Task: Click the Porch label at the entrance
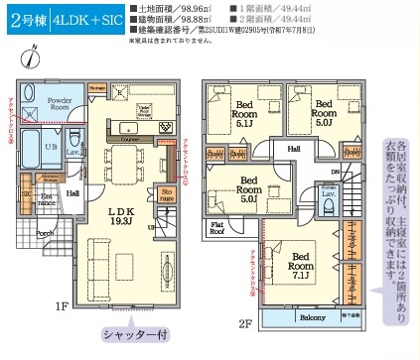tap(45, 234)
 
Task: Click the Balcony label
tap(313, 316)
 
